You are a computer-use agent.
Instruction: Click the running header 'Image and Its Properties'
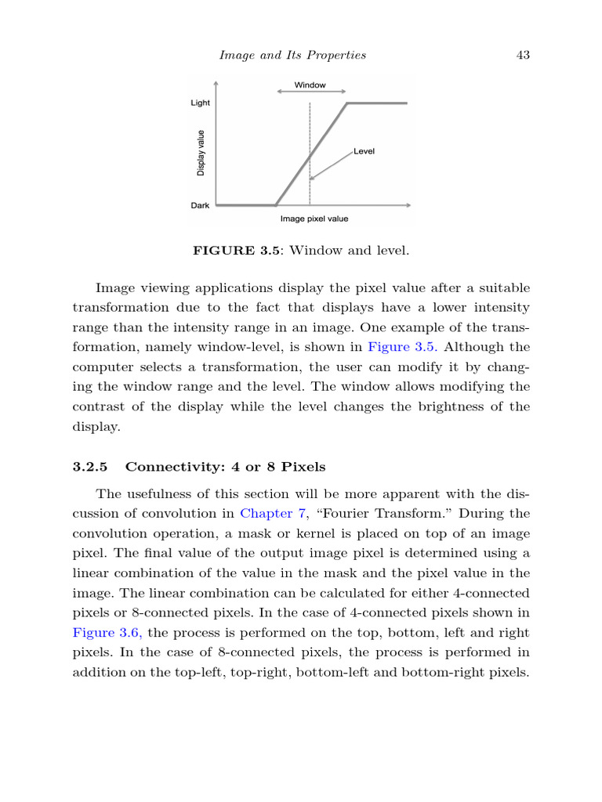click(x=292, y=55)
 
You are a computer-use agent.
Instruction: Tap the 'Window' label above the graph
click(x=310, y=85)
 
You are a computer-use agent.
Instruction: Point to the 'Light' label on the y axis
click(x=200, y=103)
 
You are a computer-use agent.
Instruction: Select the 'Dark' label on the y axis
click(x=200, y=205)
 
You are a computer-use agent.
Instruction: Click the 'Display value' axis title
click(x=201, y=153)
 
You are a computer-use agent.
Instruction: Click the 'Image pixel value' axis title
click(x=314, y=219)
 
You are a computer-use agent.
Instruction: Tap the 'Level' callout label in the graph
click(x=364, y=151)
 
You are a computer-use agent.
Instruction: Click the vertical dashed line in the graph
click(x=310, y=133)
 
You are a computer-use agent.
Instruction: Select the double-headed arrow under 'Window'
click(x=310, y=92)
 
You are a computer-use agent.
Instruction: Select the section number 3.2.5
click(x=89, y=467)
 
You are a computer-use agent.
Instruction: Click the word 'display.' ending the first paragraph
click(x=96, y=428)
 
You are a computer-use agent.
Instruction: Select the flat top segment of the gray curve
click(x=377, y=103)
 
